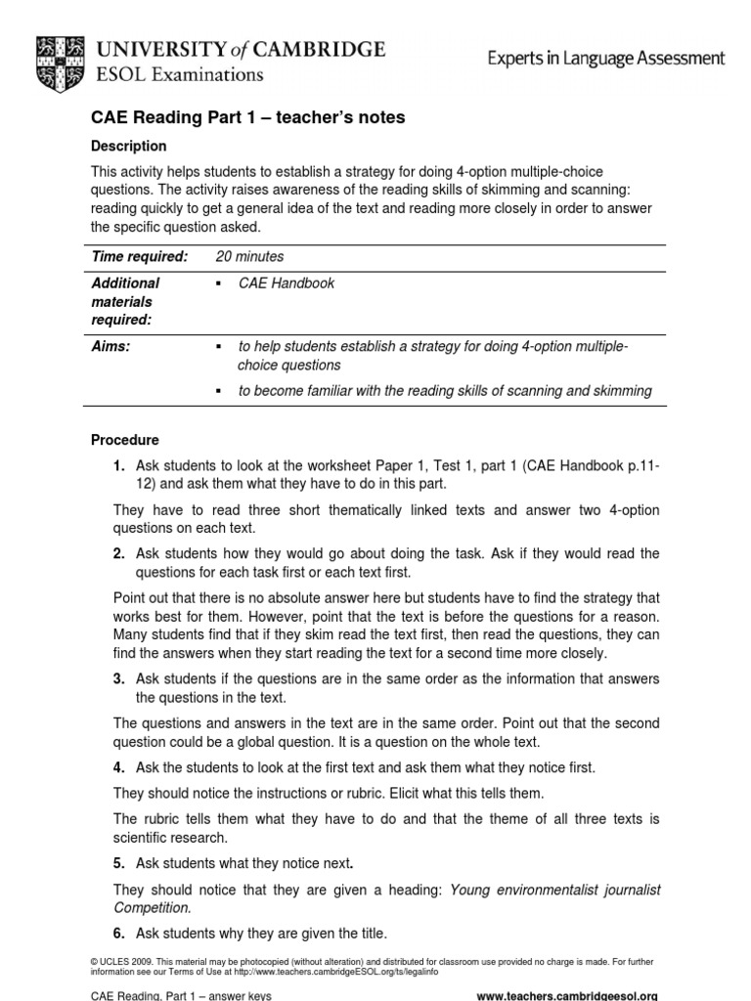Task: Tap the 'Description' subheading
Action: tap(128, 147)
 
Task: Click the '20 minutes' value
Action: tap(249, 257)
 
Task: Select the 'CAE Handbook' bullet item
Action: tap(287, 283)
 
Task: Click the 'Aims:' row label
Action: tap(110, 348)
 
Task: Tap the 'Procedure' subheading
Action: tap(124, 441)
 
